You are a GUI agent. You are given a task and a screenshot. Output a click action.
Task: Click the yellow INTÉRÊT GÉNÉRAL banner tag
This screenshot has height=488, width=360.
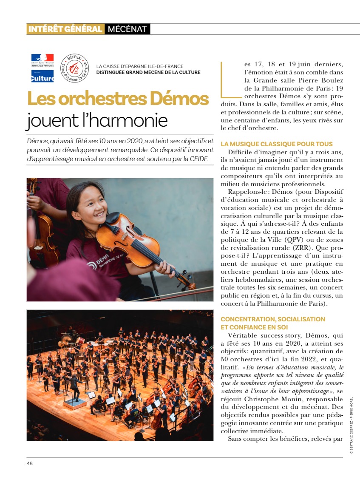coord(65,29)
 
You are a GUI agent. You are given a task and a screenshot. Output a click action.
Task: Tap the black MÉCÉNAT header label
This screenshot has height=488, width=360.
coord(127,29)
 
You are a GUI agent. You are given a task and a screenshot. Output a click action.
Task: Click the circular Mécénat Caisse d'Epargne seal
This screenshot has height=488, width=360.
coord(74,68)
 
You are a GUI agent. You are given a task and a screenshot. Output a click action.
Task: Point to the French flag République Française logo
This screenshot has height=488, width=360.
coord(42,60)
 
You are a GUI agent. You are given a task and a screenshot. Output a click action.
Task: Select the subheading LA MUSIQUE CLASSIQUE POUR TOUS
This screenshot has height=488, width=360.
coord(277,144)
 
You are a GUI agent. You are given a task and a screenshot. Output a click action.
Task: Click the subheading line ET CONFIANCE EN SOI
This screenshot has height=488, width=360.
coord(254,327)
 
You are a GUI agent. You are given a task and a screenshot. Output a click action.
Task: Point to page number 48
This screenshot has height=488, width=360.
coord(29,463)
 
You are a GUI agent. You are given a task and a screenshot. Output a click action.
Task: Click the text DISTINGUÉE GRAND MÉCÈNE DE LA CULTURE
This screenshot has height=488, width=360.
coord(148,72)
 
